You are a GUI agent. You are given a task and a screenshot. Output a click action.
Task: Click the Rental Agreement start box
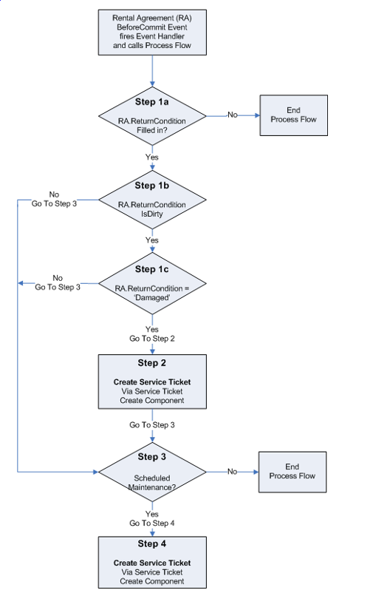(x=151, y=33)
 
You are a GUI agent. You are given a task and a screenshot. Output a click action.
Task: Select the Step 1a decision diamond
(x=151, y=115)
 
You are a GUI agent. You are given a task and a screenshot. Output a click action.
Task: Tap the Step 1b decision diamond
(x=151, y=200)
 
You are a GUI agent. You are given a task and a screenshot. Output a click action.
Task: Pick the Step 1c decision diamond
(x=151, y=283)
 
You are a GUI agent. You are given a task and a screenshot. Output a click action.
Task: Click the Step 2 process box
(x=151, y=381)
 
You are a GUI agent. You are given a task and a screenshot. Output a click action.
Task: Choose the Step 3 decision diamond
(x=151, y=471)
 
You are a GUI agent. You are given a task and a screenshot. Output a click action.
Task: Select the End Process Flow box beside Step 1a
(x=292, y=115)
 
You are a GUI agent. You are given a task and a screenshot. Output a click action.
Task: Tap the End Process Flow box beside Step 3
(x=292, y=471)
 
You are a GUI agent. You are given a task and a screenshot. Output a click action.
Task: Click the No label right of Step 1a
(x=232, y=115)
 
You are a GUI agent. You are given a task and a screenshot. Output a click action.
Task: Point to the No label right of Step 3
(x=232, y=471)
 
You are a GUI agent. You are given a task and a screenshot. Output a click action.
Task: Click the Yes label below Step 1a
(x=152, y=157)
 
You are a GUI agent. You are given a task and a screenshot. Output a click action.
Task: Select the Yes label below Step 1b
(x=152, y=240)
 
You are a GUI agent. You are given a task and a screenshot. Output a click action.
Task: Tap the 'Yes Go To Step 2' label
(x=152, y=333)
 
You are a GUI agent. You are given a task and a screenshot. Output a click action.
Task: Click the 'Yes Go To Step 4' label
(x=152, y=518)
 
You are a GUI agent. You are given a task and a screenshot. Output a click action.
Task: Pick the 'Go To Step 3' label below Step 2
(x=152, y=426)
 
